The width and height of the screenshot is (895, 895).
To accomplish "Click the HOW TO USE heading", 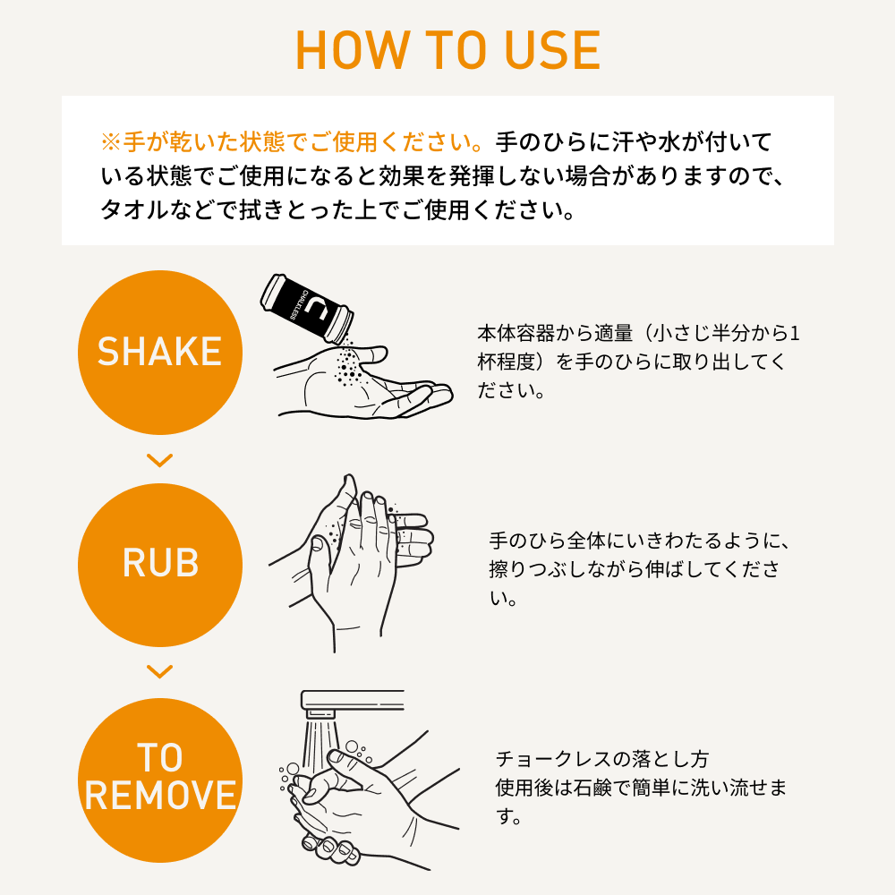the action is pos(448,50).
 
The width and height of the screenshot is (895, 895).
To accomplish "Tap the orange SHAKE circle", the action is pos(160,352).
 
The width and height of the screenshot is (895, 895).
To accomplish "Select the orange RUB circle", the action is pos(160,565).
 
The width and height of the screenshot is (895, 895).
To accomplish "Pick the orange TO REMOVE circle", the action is pos(160,780).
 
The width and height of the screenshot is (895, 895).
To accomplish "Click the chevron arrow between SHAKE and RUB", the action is pos(160,460).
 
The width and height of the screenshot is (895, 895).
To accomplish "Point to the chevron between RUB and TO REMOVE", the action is pos(160,672).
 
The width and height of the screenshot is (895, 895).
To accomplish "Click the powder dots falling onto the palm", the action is pos(347,363).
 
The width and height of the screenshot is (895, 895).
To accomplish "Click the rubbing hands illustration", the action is pos(349,562).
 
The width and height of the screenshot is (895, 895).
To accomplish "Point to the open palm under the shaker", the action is pos(363,382).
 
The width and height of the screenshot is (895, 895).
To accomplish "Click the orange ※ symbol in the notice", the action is pos(111,142).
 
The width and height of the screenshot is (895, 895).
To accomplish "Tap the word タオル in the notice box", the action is pos(135,210).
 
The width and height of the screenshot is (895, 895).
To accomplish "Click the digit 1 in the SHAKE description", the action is pos(795,333).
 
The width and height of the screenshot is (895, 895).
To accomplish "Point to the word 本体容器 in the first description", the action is pos(516,333).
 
